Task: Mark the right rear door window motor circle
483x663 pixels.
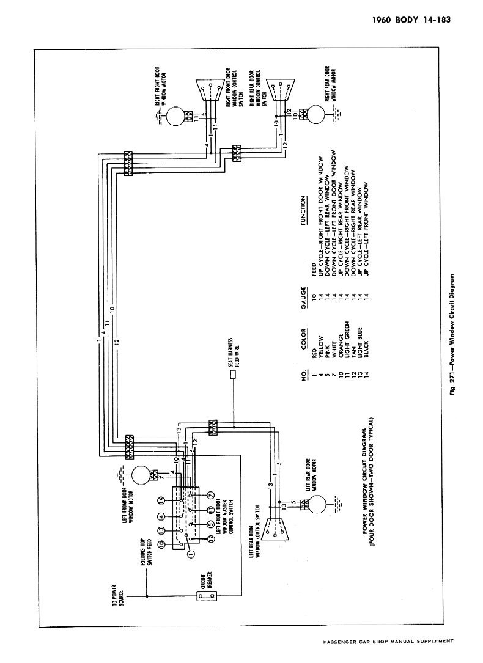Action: click(317, 114)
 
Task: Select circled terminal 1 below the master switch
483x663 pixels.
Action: click(191, 555)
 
